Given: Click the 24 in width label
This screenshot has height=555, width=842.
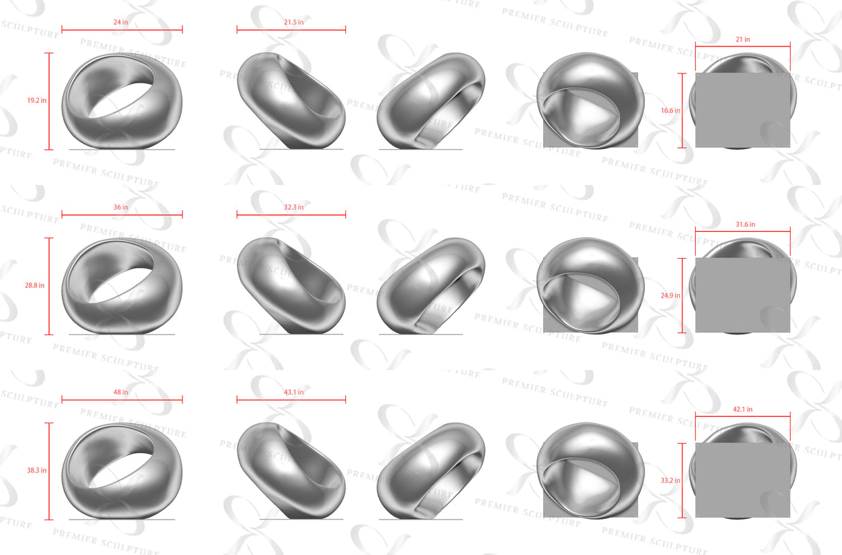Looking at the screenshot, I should pyautogui.click(x=121, y=22).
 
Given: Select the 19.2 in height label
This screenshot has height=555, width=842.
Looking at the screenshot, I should pyautogui.click(x=36, y=101).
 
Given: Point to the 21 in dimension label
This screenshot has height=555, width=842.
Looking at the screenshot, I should pyautogui.click(x=743, y=40).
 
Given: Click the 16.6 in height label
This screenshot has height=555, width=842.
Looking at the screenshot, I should pyautogui.click(x=670, y=110).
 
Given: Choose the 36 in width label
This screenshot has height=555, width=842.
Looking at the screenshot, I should pyautogui.click(x=121, y=207).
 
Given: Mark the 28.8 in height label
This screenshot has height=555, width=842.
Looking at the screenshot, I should pyautogui.click(x=36, y=285).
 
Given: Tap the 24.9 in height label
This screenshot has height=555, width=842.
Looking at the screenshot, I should pyautogui.click(x=670, y=295).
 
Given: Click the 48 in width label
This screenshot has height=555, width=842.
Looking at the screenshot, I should pyautogui.click(x=121, y=392).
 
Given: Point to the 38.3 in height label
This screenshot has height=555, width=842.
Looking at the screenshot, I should pyautogui.click(x=36, y=470).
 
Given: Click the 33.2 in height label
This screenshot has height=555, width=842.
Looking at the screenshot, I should pyautogui.click(x=670, y=480).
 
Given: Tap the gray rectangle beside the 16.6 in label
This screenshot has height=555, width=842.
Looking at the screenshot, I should pyautogui.click(x=742, y=110).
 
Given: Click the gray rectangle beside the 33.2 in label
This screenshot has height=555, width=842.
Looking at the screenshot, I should pyautogui.click(x=742, y=480).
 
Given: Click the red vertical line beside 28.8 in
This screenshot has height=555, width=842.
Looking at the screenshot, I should pyautogui.click(x=50, y=286).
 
